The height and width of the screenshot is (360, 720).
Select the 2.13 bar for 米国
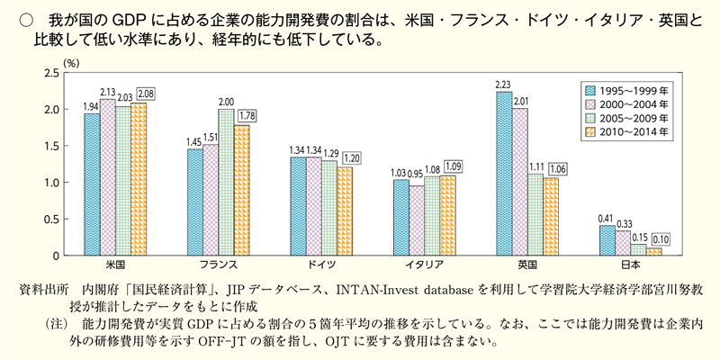107,177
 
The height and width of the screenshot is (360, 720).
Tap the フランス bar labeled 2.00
226,182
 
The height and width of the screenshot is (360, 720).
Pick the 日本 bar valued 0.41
607,240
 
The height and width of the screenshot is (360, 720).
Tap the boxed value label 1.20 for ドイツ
350,157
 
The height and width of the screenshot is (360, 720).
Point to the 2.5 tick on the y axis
49,73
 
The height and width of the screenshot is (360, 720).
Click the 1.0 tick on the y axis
49,183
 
